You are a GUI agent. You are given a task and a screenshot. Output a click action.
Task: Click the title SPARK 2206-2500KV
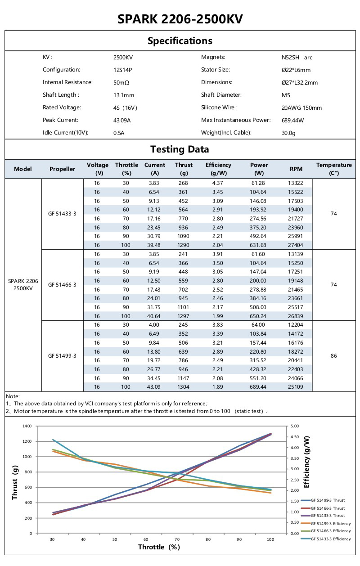(180, 19)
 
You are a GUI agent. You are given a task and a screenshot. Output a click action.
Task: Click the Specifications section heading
(180, 41)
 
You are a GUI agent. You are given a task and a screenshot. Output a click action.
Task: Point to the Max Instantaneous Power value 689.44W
(292, 121)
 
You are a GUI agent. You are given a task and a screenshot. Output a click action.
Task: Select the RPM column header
(296, 169)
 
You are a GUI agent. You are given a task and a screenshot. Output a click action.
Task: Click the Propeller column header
(62, 169)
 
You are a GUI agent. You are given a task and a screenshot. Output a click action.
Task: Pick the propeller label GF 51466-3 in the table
(62, 285)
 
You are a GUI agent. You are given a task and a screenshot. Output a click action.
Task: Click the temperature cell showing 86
(333, 356)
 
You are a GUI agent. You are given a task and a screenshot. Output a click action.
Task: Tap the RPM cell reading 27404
(296, 245)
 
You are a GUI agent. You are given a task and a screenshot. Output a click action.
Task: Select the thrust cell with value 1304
(183, 387)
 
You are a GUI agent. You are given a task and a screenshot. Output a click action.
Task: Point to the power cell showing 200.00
(259, 280)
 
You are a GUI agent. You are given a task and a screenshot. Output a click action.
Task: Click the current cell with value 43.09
(154, 387)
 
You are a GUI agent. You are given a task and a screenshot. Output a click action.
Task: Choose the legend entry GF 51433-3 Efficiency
(330, 539)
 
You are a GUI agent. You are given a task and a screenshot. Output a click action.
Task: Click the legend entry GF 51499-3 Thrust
(328, 500)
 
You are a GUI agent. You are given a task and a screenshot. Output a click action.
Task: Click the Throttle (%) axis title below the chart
(159, 547)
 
